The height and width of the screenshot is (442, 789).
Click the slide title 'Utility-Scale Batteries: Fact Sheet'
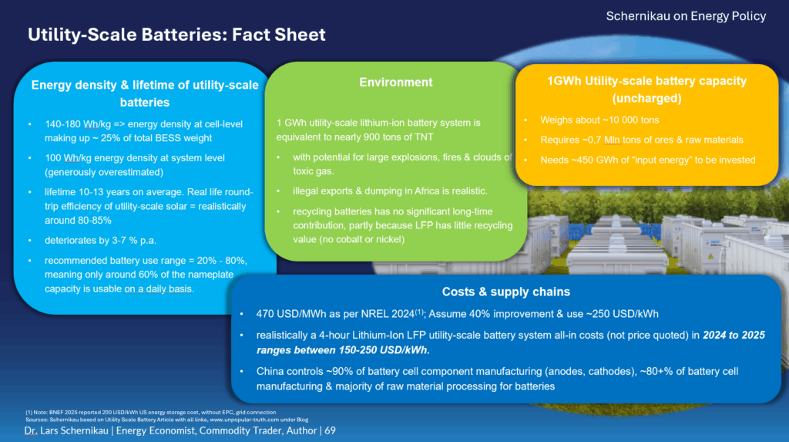(176, 35)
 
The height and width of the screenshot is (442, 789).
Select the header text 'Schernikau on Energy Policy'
(686, 15)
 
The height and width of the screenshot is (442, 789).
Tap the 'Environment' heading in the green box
(396, 83)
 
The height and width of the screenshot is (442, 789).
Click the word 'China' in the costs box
(273, 372)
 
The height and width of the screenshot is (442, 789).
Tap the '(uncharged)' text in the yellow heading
(646, 99)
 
